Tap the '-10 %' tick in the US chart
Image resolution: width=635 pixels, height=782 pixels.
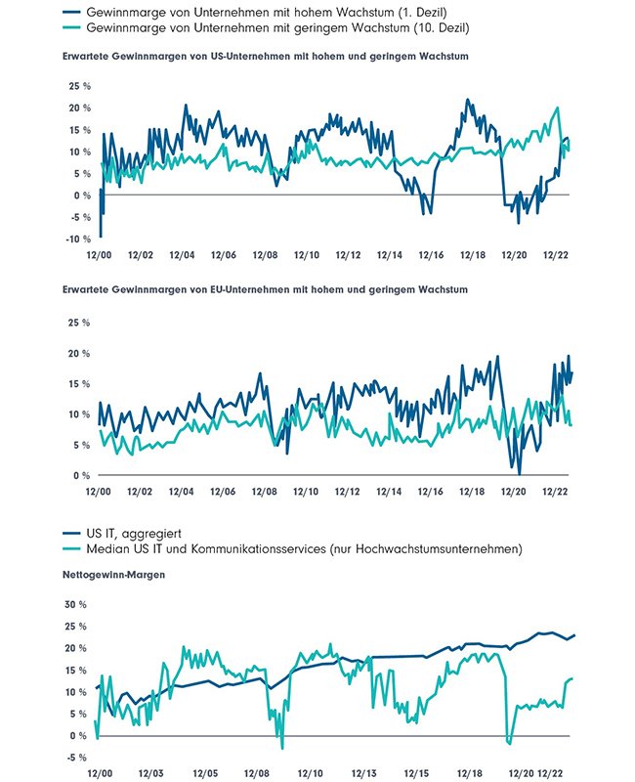79,239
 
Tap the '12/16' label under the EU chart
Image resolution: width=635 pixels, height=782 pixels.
431,493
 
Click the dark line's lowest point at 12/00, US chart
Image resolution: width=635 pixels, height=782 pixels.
100,237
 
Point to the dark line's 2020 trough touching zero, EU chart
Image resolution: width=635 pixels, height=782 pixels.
519,474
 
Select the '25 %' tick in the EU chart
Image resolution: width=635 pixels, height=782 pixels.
79,322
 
